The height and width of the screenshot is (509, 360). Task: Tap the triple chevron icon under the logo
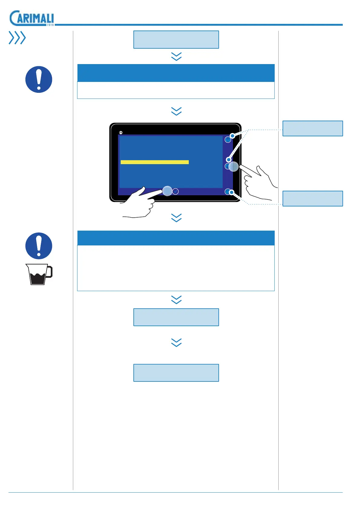point(17,38)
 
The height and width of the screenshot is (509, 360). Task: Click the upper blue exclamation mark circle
point(39,79)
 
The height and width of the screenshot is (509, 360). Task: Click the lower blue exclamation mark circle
point(39,246)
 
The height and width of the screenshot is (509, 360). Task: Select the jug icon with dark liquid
point(39,274)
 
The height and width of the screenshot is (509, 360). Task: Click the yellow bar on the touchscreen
point(155,162)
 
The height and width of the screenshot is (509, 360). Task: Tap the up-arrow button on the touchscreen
point(228,140)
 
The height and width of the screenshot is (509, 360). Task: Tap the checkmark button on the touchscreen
point(175,191)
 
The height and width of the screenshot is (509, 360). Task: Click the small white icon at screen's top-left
point(121,132)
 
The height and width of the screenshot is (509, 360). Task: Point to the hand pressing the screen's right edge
point(259,181)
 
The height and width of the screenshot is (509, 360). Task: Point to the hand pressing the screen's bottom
point(139,203)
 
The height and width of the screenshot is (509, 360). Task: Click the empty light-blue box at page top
point(176,40)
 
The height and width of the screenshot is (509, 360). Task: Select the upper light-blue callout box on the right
point(313,128)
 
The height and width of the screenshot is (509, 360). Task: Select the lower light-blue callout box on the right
point(313,199)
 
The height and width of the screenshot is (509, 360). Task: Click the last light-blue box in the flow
point(176,373)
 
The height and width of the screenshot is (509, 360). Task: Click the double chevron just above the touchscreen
point(176,111)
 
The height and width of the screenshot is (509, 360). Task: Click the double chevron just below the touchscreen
point(176,218)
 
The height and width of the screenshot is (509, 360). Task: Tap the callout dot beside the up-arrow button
point(232,136)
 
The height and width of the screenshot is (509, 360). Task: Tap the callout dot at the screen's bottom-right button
point(231,192)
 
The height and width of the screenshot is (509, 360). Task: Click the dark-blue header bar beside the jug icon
point(176,238)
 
